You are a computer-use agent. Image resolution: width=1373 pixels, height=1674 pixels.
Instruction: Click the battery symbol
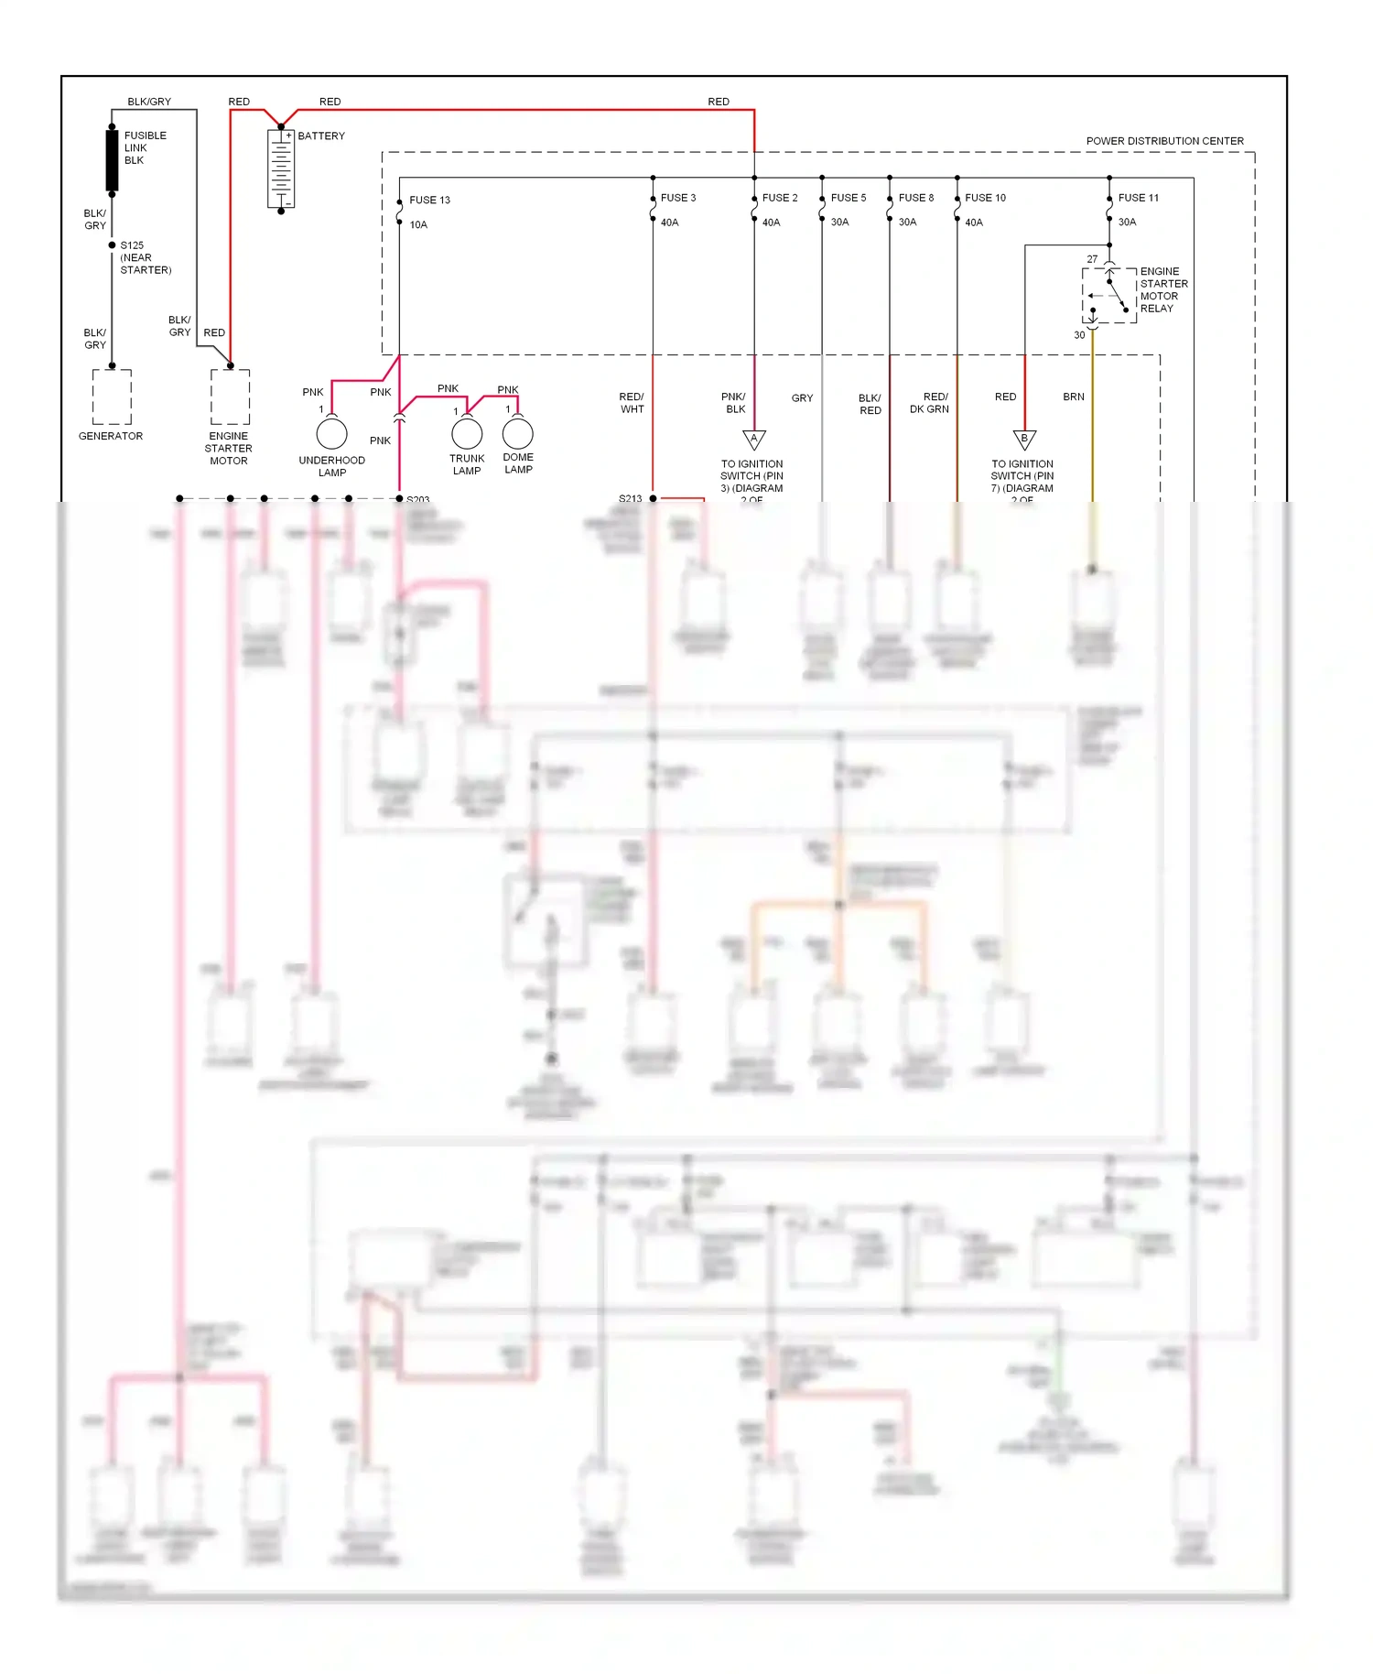[281, 169]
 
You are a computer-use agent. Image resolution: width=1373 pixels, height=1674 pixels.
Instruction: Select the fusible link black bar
[112, 160]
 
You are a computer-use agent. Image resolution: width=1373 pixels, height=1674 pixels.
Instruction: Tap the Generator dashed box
[112, 397]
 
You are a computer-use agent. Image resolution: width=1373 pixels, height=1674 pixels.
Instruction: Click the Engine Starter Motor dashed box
[230, 397]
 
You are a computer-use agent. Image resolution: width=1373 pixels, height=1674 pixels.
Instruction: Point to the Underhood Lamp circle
[331, 433]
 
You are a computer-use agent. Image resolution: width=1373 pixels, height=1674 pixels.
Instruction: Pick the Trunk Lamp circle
[467, 433]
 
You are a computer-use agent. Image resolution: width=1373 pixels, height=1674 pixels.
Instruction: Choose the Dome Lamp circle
[517, 433]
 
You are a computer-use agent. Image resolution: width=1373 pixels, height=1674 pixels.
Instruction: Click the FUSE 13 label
[429, 200]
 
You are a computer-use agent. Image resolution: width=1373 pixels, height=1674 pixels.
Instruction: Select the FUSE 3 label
[678, 198]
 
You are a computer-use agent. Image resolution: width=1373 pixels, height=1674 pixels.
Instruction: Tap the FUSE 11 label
[1138, 198]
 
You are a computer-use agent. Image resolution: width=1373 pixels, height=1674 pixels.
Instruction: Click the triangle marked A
[753, 439]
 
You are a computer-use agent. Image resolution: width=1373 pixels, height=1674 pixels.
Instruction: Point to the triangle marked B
[1024, 439]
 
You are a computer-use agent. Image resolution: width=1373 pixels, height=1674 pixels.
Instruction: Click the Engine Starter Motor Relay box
[1109, 296]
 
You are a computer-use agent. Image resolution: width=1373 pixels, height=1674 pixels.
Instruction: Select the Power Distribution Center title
[1164, 141]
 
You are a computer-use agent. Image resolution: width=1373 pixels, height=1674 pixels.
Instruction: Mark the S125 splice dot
[112, 245]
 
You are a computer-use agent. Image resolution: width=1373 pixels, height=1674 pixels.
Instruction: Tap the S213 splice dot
[653, 498]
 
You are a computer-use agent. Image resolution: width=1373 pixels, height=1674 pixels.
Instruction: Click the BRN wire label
[1073, 397]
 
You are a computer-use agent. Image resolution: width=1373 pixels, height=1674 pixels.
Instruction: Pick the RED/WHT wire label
[632, 403]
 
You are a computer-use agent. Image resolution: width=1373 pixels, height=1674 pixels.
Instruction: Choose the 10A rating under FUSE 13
[418, 224]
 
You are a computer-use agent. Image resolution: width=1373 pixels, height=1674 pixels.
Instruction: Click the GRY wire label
[802, 398]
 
